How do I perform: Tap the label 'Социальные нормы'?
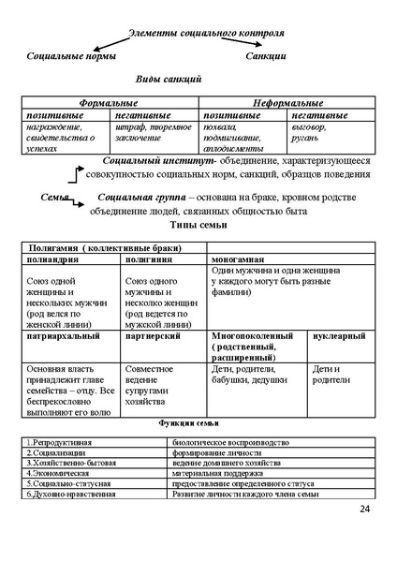click(x=71, y=56)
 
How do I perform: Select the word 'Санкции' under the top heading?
click(x=266, y=56)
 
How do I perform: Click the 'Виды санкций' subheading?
click(x=169, y=80)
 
